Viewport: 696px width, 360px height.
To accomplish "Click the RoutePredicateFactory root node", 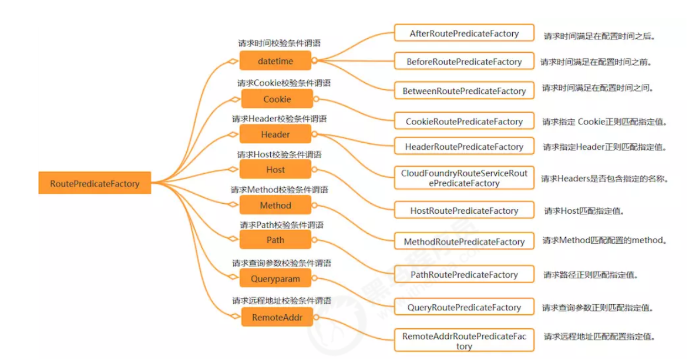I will (95, 184).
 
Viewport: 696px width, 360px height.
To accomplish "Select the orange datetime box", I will (275, 61).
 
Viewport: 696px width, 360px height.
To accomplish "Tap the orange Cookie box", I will (277, 99).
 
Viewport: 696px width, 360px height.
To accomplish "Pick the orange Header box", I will (275, 134).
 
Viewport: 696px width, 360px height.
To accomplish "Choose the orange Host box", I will (275, 170).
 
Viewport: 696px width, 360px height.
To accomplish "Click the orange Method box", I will (275, 206).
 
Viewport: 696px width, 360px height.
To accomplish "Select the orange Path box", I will (275, 240).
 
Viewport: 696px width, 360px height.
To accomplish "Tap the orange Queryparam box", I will (275, 280).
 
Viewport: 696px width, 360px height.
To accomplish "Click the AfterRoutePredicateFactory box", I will (464, 33).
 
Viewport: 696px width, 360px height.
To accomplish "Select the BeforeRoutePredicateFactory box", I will (464, 62).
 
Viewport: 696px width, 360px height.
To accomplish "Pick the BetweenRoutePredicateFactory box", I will (464, 91).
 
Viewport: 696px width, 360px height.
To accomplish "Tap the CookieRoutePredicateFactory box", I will (464, 122).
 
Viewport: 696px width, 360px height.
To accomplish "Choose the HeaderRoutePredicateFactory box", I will (464, 147).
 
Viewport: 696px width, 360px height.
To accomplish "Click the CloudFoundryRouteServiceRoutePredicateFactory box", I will (464, 178).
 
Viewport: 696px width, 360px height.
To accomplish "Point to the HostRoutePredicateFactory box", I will (464, 210).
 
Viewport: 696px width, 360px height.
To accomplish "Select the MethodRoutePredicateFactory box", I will (464, 241).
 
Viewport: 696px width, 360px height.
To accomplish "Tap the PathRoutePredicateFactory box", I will (464, 274).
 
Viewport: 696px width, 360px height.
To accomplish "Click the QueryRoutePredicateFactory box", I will (464, 307).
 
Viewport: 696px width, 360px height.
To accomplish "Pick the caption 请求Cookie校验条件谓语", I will (284, 83).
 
